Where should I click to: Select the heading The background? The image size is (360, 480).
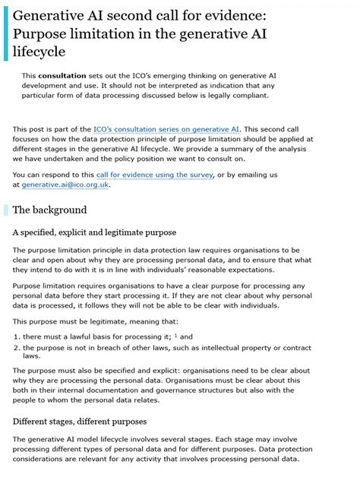tap(49, 210)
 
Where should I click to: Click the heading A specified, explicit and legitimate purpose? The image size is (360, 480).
tap(94, 232)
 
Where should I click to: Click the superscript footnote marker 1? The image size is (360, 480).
tap(175, 335)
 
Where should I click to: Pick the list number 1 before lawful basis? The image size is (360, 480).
tap(16, 336)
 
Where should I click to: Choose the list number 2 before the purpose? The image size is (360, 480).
tap(16, 347)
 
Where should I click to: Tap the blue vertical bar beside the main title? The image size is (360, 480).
tap(6, 33)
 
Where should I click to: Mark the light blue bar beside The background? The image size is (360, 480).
tap(6, 210)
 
